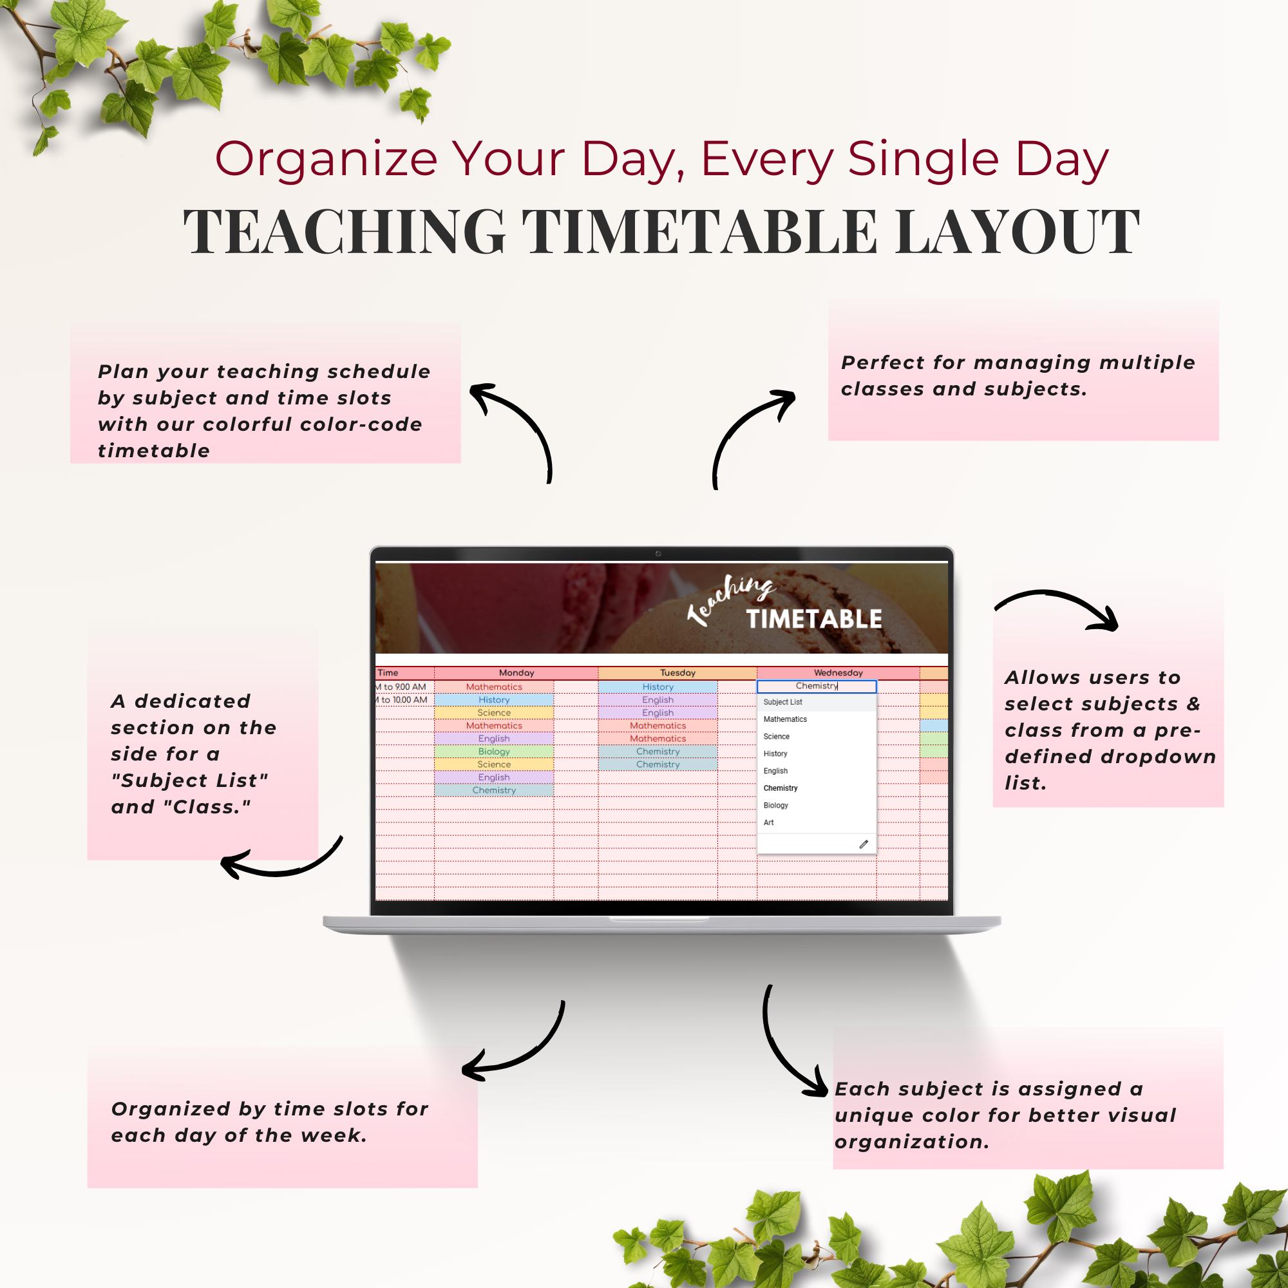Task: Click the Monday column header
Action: click(x=516, y=673)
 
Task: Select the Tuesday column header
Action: click(x=677, y=673)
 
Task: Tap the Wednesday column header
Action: click(x=838, y=673)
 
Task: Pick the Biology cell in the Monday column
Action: click(x=493, y=752)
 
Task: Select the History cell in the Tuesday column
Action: click(x=658, y=687)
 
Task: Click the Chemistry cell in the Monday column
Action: click(x=493, y=790)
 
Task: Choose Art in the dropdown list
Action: click(x=769, y=822)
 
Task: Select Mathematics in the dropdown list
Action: click(x=784, y=719)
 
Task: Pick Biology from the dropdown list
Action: click(x=775, y=804)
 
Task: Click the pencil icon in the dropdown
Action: click(x=864, y=844)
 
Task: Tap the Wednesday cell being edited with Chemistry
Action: click(x=816, y=686)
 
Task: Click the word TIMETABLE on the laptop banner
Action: click(x=813, y=619)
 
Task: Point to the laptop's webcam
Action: click(x=658, y=554)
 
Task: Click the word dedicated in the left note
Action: click(x=193, y=701)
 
